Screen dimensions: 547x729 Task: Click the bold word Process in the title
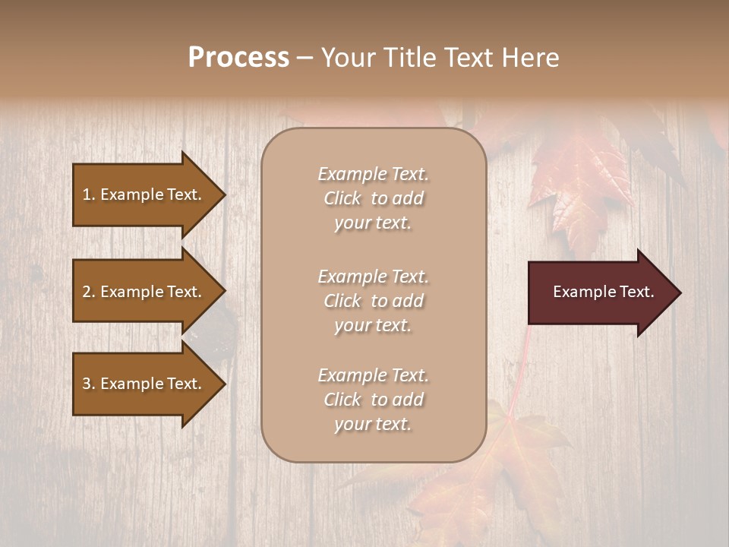click(x=238, y=58)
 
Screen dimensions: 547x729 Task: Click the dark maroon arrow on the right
click(x=600, y=292)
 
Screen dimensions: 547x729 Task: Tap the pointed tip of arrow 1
click(x=223, y=194)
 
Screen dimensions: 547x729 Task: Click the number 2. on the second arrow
click(x=89, y=292)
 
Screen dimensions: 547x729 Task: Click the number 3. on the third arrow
click(x=89, y=384)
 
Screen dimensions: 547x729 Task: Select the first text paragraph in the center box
click(x=373, y=198)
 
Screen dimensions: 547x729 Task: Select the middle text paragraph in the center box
click(x=373, y=301)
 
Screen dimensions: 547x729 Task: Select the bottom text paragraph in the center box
click(x=373, y=400)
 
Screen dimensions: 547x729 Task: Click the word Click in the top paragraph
click(x=342, y=198)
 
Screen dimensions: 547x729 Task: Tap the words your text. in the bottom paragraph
click(x=373, y=424)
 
